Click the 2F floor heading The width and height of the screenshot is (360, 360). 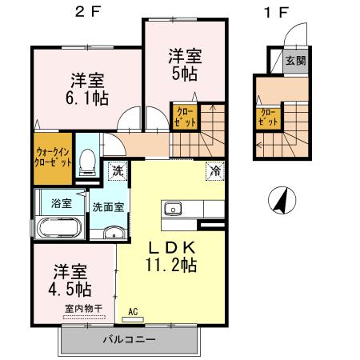click(x=90, y=12)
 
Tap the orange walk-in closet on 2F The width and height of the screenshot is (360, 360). click(x=54, y=156)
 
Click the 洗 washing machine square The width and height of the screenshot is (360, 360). click(x=118, y=170)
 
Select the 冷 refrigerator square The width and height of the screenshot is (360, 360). click(x=214, y=170)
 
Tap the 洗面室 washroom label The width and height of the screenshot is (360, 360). click(x=106, y=206)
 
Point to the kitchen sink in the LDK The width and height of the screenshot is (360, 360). click(x=173, y=210)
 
